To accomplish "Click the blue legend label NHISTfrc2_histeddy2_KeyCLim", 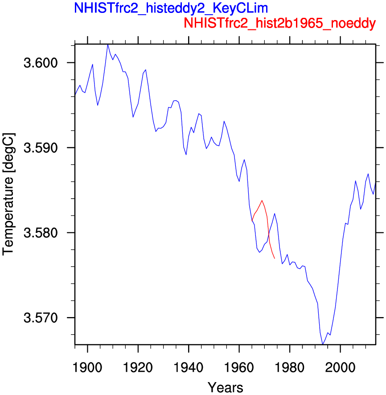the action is click(x=171, y=8).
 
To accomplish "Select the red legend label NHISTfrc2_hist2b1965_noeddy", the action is click(x=280, y=23).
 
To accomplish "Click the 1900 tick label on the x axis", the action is click(x=87, y=367).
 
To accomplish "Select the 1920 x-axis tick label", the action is click(x=138, y=367).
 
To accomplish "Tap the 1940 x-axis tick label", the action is click(x=189, y=367).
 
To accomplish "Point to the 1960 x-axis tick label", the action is click(x=239, y=367).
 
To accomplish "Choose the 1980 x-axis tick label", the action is click(x=290, y=367).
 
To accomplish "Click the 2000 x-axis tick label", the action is click(x=341, y=367).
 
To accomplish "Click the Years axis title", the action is click(x=226, y=387).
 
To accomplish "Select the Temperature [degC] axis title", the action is click(x=8, y=194).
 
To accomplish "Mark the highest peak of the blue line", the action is click(x=108, y=45).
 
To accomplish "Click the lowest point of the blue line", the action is click(x=322, y=344).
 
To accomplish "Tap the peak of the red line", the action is click(x=262, y=200).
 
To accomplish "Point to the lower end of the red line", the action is click(x=275, y=258).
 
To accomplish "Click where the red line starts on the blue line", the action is click(x=252, y=221).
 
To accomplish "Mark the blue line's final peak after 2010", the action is click(x=368, y=174).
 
